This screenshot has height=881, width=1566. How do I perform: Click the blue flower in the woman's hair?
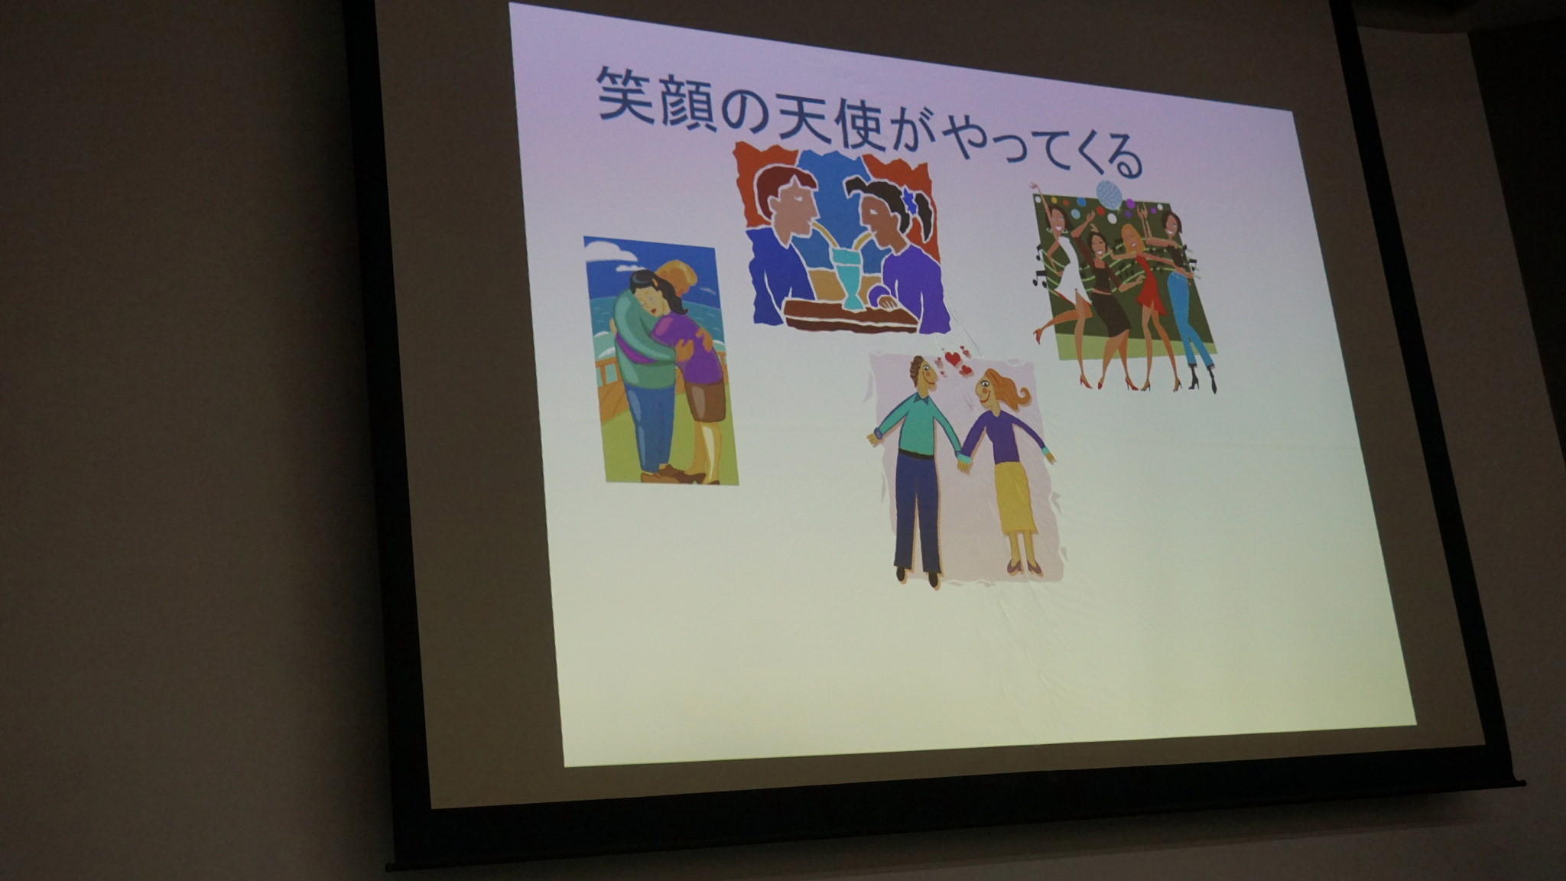[909, 200]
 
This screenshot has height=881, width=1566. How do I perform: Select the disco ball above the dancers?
[1109, 195]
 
